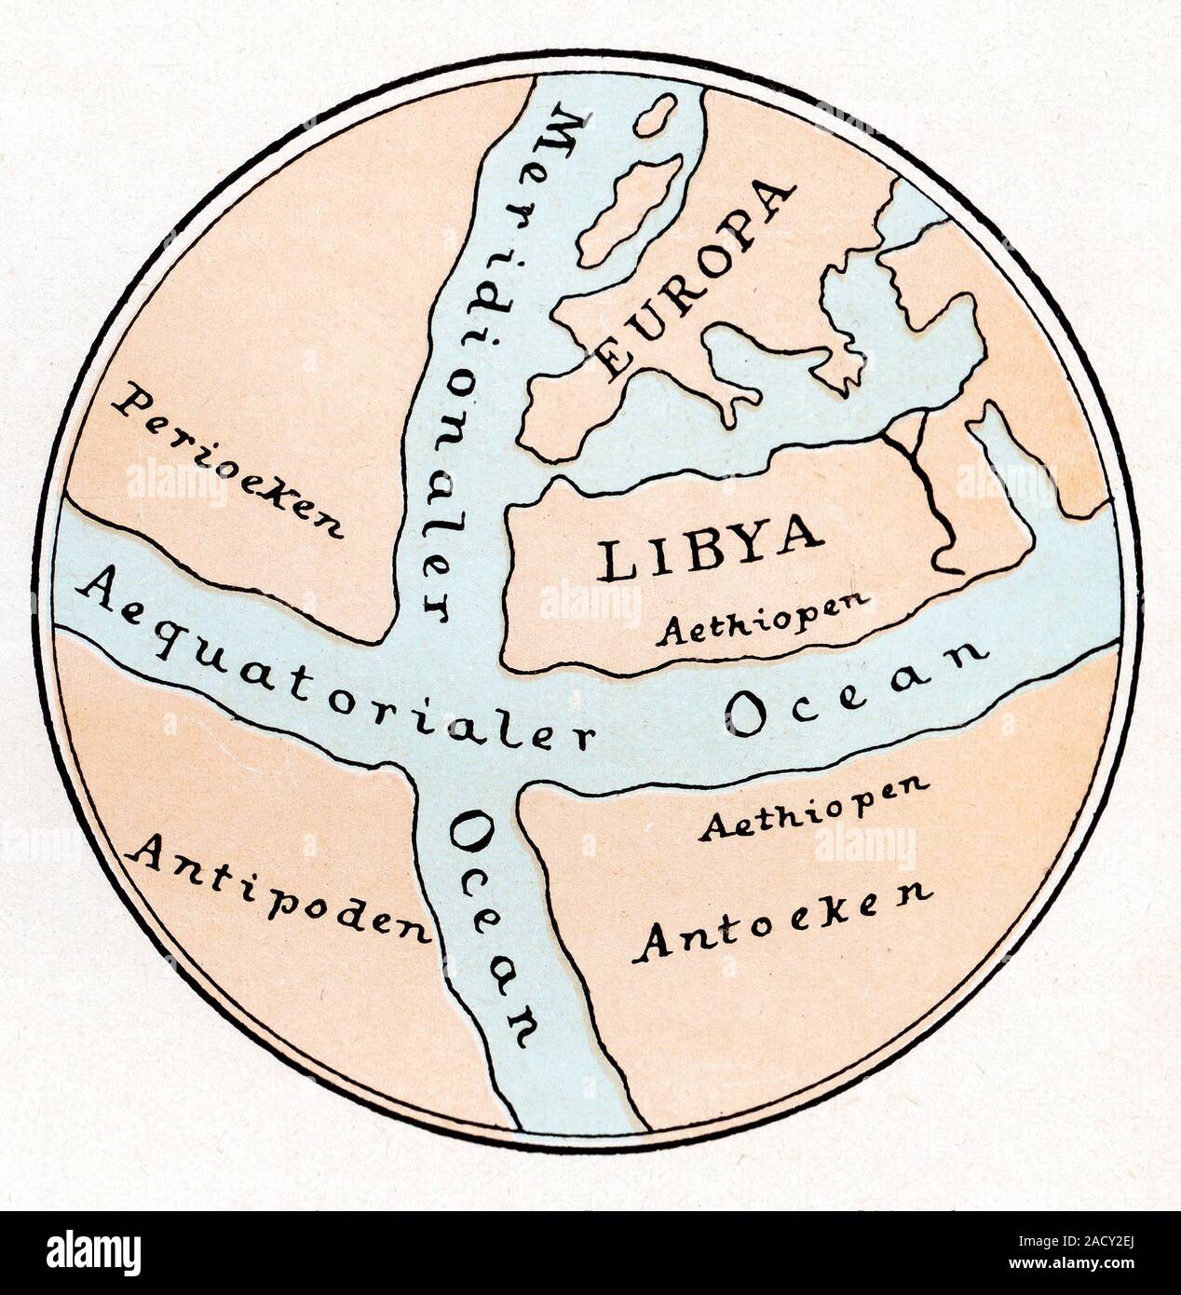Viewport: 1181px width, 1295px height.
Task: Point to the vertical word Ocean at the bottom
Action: click(x=491, y=925)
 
